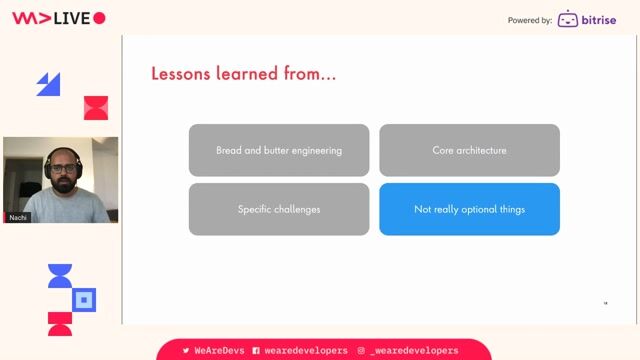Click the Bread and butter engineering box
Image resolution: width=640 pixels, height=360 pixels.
[x=279, y=150]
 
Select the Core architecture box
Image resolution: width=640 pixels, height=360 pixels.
[x=469, y=150]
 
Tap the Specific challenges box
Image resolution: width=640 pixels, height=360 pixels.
[x=279, y=209]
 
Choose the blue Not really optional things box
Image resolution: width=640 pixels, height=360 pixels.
[x=469, y=209]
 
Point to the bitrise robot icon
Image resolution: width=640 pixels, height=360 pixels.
[x=568, y=19]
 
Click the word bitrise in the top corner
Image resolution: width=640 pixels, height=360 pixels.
[x=600, y=19]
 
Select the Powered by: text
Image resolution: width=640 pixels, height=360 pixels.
[x=529, y=20]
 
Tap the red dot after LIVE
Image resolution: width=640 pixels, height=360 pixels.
[x=98, y=18]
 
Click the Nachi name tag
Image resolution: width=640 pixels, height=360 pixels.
[x=18, y=217]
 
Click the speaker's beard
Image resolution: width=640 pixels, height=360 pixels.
[x=61, y=183]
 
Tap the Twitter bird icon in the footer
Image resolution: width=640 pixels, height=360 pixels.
[x=186, y=351]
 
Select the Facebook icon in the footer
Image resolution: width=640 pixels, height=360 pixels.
[x=256, y=351]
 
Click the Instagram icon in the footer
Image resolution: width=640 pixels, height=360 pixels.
[x=361, y=351]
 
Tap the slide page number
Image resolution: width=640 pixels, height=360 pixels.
[x=605, y=303]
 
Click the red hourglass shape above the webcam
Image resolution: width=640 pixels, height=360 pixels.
[x=95, y=108]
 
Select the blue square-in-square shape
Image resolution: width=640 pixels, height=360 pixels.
[x=85, y=299]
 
